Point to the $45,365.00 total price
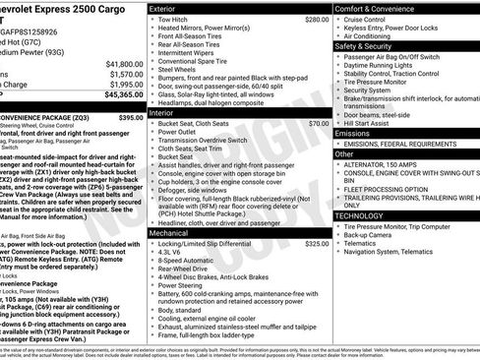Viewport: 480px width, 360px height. [124, 94]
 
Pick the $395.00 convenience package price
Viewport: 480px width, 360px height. [131, 117]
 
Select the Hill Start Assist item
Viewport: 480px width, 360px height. [371, 123]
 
